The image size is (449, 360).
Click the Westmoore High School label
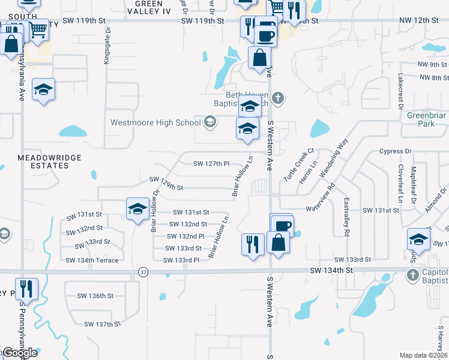155,122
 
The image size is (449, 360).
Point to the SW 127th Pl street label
211,163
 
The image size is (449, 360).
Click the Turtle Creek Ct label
303,159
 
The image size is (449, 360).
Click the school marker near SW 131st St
137,209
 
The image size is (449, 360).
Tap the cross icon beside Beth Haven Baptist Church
279,98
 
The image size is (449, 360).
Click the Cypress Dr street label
395,152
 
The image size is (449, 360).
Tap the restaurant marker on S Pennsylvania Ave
27,289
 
